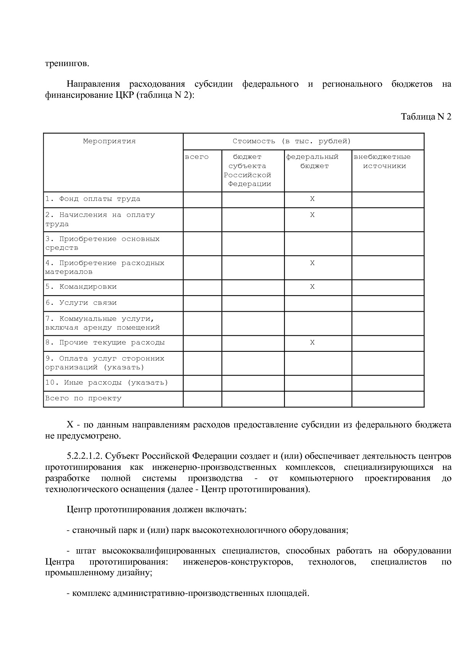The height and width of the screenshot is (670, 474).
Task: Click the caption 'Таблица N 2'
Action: click(426, 117)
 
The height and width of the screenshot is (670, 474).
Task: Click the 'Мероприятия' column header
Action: click(109, 141)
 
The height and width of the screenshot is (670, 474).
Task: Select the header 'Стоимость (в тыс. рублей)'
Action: click(292, 141)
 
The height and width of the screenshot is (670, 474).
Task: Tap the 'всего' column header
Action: click(197, 157)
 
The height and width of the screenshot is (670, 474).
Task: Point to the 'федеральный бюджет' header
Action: click(313, 162)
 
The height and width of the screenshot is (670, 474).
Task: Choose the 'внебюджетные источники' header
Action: click(383, 162)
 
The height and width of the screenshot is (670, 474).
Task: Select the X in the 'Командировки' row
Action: click(312, 287)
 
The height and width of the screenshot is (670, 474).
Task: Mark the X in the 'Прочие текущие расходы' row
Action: click(312, 343)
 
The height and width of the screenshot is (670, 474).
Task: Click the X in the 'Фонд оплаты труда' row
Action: click(312, 199)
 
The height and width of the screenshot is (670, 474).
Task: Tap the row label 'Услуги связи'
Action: click(81, 303)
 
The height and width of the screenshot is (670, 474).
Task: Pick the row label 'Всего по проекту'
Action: click(83, 398)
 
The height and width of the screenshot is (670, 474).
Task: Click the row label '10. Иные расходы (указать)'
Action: click(107, 383)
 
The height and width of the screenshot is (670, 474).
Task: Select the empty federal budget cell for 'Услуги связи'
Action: click(318, 303)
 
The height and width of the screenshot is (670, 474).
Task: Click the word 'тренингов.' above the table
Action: click(67, 63)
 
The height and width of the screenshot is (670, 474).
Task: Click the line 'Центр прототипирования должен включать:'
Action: click(157, 510)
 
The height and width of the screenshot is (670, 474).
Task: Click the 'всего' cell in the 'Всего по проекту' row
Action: click(203, 399)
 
